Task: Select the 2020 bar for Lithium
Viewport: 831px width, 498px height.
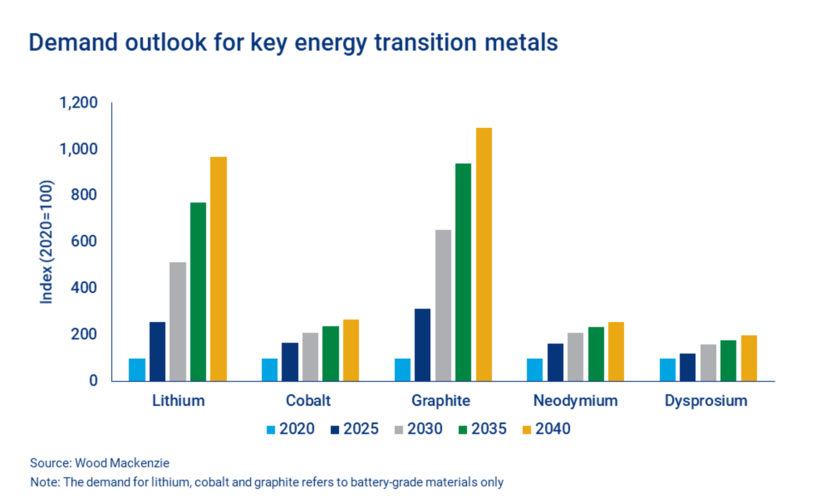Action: pyautogui.click(x=137, y=370)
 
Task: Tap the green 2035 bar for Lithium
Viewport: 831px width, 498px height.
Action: pyautogui.click(x=198, y=292)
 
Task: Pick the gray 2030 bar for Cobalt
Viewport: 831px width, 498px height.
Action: pyautogui.click(x=310, y=357)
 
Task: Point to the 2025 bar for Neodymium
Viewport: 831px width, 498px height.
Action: pyautogui.click(x=555, y=362)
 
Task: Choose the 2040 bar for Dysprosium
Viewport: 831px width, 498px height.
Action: pyautogui.click(x=749, y=358)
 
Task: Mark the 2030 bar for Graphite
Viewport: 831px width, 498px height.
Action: pyautogui.click(x=443, y=305)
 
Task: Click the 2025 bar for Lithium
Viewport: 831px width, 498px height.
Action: pyautogui.click(x=157, y=351)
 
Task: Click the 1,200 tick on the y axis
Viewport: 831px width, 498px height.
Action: pyautogui.click(x=78, y=102)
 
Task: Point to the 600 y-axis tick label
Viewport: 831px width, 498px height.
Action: pyautogui.click(x=84, y=241)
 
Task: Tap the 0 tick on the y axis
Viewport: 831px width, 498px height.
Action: pyautogui.click(x=93, y=380)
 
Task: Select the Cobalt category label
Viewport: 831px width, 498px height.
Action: pyautogui.click(x=308, y=400)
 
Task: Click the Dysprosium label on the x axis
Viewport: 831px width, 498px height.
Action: pyautogui.click(x=706, y=400)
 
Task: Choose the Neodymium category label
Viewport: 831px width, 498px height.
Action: pyautogui.click(x=575, y=400)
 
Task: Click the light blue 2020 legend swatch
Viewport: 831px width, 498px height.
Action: pyautogui.click(x=271, y=430)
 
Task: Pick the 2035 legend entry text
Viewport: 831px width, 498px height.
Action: pyautogui.click(x=489, y=429)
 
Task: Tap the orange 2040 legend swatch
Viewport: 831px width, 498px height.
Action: pyautogui.click(x=527, y=430)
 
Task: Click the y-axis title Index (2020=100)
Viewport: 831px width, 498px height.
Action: pyautogui.click(x=47, y=242)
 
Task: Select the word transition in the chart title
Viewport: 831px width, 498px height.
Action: pyautogui.click(x=425, y=42)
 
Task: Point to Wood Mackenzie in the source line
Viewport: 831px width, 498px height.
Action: pyautogui.click(x=122, y=463)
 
